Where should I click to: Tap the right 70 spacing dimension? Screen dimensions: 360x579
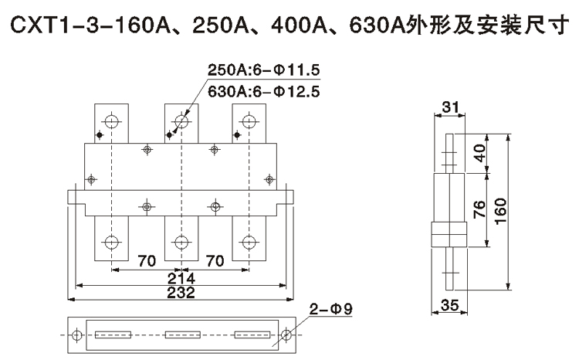point(215,261)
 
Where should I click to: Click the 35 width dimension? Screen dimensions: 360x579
point(449,305)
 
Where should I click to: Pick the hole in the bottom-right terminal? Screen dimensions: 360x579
point(249,242)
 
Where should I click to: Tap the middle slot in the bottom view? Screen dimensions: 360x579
point(182,335)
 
